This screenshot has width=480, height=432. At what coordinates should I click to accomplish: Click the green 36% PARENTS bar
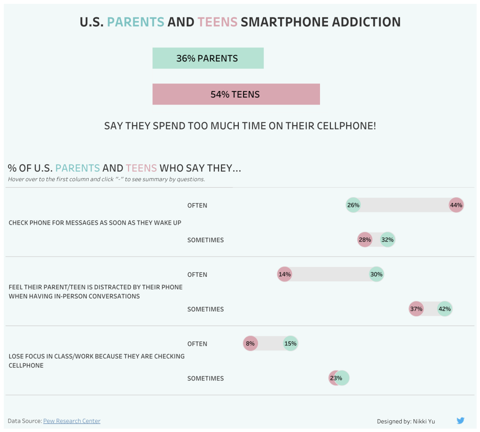click(208, 58)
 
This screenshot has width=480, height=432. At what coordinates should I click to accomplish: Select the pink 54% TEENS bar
click(236, 94)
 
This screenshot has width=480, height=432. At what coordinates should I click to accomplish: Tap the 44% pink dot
click(456, 205)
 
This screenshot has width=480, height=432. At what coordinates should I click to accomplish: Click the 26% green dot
click(353, 205)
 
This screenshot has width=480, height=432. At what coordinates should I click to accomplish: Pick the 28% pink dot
click(365, 240)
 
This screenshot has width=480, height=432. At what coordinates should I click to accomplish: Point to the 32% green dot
click(388, 240)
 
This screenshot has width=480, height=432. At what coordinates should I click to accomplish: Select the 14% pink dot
click(284, 274)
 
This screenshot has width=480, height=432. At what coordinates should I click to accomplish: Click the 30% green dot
click(376, 274)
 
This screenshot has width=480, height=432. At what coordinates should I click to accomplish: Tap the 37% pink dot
click(416, 309)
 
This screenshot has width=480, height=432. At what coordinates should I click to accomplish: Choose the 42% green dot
click(444, 309)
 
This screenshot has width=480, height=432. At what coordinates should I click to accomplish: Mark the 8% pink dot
click(250, 344)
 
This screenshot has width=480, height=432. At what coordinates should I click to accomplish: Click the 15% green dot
click(290, 344)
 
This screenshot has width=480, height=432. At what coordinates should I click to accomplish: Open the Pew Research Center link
click(72, 421)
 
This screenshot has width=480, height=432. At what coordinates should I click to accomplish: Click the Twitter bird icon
click(460, 421)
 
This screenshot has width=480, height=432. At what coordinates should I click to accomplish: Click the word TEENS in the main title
click(217, 22)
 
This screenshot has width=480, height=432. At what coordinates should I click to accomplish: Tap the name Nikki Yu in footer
click(424, 421)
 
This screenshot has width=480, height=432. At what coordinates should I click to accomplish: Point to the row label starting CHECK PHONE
click(95, 223)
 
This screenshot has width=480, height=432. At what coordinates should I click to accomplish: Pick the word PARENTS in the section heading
click(77, 168)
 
